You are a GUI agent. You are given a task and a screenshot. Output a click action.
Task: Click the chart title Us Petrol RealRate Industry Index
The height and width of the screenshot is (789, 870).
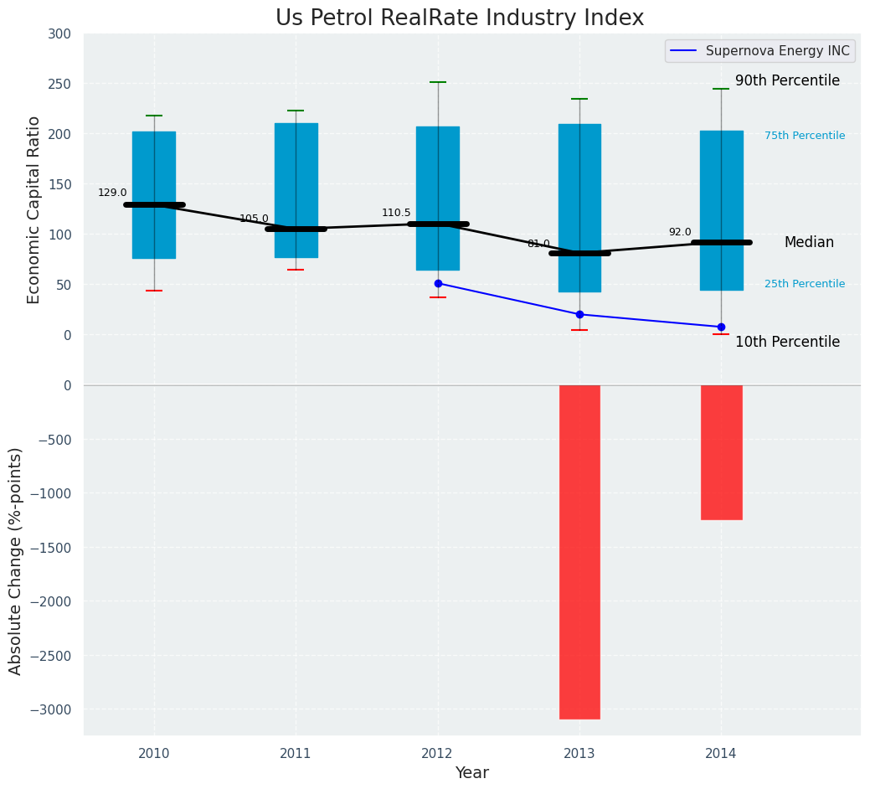[x=460, y=18]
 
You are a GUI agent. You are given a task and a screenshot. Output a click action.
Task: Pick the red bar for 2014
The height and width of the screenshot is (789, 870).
[x=721, y=452]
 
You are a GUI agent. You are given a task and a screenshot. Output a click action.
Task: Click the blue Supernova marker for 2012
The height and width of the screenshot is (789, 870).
[x=438, y=283]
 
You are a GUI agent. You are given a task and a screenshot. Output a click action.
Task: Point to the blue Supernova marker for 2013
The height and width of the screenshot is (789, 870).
[x=579, y=314]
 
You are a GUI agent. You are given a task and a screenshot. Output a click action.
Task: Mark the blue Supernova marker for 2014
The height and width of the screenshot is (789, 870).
[x=721, y=327]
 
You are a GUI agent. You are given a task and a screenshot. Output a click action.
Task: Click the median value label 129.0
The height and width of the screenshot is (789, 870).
[x=112, y=193]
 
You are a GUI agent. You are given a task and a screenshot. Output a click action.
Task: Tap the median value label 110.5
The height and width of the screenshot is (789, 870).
[x=396, y=213]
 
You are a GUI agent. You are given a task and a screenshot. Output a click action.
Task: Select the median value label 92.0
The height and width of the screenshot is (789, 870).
[x=680, y=232]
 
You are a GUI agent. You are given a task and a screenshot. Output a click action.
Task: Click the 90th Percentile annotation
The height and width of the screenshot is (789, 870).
[x=787, y=81]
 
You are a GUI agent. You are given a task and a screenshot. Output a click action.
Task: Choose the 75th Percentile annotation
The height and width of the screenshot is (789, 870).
[x=805, y=136]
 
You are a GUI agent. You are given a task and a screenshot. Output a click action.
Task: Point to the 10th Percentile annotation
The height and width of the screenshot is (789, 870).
[x=787, y=342]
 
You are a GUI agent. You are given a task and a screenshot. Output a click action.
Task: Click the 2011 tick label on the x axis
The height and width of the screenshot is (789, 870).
[x=296, y=754]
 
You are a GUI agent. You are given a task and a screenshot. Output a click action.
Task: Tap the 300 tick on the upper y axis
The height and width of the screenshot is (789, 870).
[x=60, y=34]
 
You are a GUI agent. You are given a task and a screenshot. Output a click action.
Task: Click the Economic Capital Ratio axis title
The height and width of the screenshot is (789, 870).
[x=34, y=209]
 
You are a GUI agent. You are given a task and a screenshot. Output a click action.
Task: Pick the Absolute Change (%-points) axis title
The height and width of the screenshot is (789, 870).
[x=16, y=560]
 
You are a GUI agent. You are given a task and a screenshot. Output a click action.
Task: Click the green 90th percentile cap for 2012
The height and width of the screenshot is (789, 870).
[x=438, y=82]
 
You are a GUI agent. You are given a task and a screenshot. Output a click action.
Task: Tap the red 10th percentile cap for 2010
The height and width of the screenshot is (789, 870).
[x=154, y=291]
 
